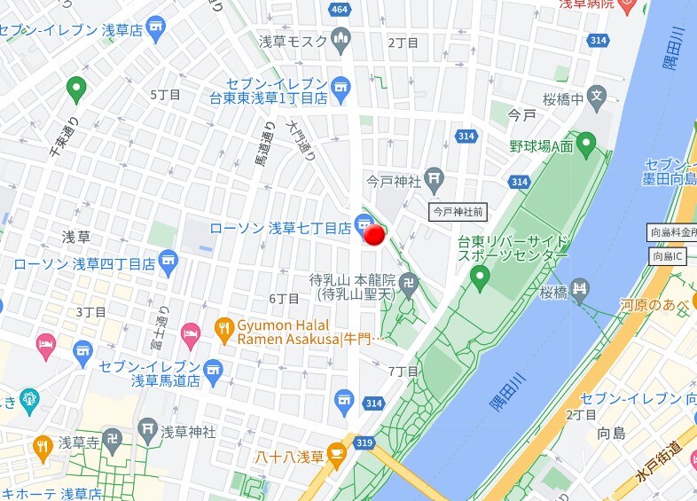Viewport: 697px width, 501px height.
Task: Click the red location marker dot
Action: (x=375, y=234)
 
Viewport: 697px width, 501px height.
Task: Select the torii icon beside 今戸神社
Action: (x=434, y=180)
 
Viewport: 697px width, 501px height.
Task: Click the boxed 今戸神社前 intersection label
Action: (x=458, y=211)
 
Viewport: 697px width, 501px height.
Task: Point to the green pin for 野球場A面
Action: (x=585, y=142)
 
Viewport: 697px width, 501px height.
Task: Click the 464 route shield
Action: (x=339, y=10)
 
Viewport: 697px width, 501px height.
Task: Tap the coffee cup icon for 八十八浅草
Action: (x=336, y=456)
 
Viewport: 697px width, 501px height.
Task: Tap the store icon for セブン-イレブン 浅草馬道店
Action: (x=213, y=368)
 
